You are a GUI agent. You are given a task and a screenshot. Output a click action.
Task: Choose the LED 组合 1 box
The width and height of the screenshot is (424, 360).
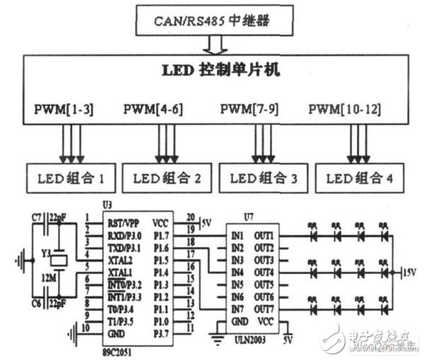pos(70,179)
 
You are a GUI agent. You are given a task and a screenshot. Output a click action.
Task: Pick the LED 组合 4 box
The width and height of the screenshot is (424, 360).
pos(358,179)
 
